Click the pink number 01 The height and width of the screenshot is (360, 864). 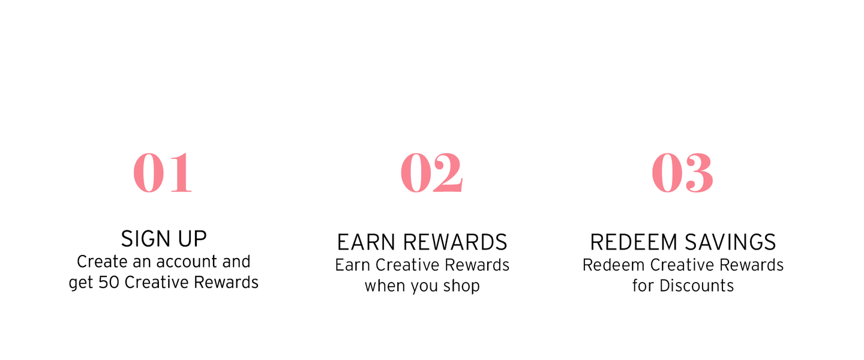click(163, 172)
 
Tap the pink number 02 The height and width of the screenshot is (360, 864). click(431, 172)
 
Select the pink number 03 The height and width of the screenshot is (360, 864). click(682, 172)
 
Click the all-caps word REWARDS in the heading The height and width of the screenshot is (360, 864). click(455, 242)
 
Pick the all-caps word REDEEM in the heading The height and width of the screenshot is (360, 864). click(634, 242)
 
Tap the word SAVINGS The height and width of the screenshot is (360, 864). click(730, 242)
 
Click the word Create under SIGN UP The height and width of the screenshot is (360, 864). click(101, 262)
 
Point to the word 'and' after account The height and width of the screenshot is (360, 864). click(236, 262)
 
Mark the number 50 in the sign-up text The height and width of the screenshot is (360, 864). click(109, 283)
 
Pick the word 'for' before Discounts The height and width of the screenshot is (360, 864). click(643, 286)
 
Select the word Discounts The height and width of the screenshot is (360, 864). click(697, 286)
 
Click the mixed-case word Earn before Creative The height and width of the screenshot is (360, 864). click(353, 265)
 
